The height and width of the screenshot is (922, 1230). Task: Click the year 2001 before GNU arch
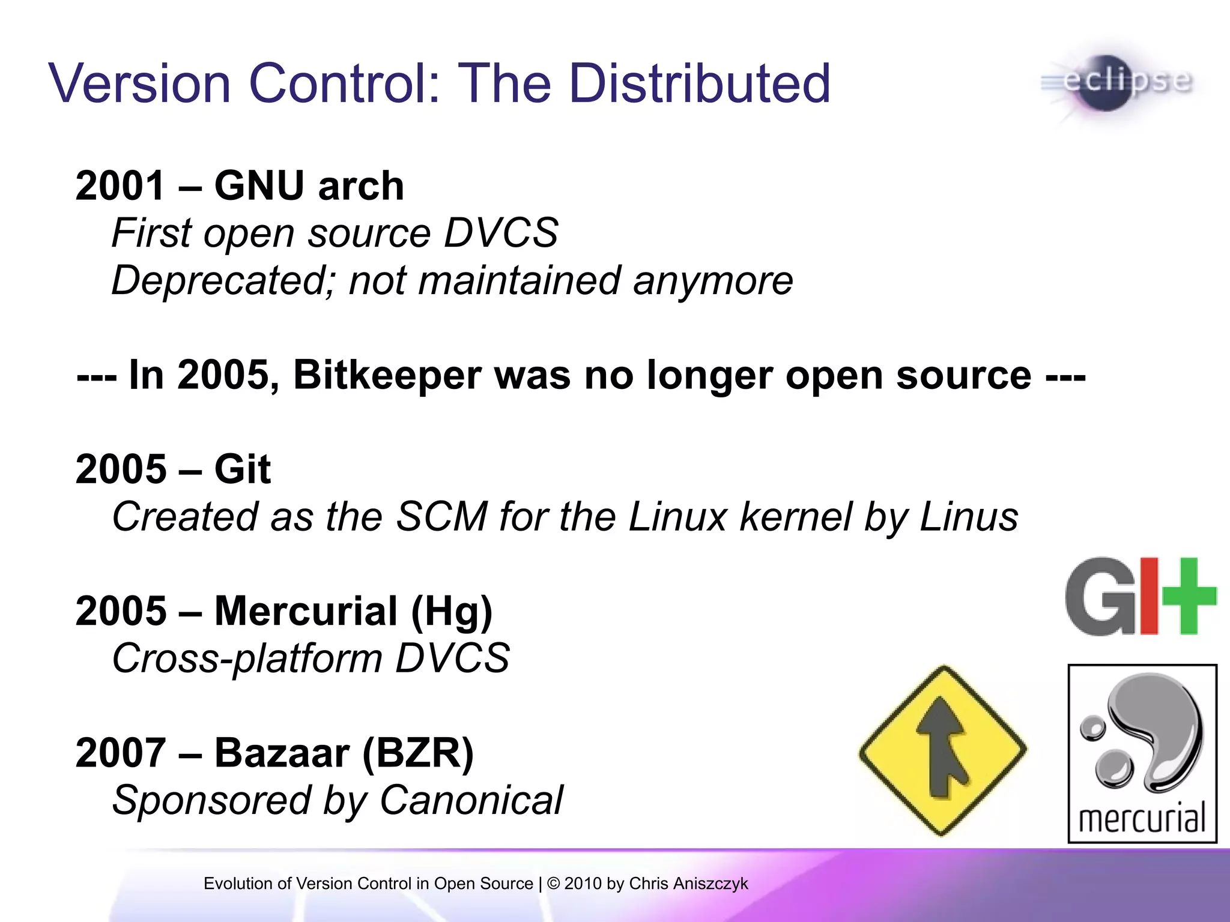click(120, 186)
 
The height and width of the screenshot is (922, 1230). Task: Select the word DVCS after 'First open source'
click(501, 234)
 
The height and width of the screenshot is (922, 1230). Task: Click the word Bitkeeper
click(387, 376)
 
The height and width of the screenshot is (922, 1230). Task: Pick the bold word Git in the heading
click(243, 469)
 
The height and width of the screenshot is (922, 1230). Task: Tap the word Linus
click(969, 517)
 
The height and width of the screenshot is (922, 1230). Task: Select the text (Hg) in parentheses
click(451, 612)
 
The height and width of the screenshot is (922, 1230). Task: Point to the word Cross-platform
click(247, 658)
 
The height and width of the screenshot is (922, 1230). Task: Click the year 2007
click(120, 753)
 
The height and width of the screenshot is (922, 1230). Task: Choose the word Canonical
click(471, 801)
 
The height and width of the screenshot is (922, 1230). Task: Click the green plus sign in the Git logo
click(1188, 596)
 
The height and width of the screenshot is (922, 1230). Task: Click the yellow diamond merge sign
click(942, 750)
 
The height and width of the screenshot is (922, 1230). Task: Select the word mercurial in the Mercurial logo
click(1142, 819)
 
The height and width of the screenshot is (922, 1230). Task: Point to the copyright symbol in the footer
click(553, 884)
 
